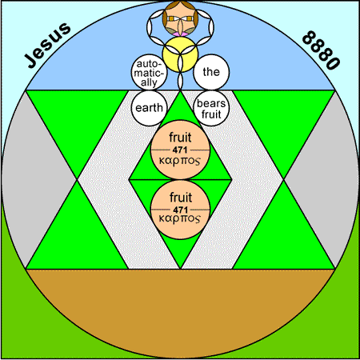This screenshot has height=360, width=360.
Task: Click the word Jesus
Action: (x=47, y=45)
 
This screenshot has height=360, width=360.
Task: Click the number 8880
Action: (x=322, y=50)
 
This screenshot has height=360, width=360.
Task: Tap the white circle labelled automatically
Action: (x=149, y=73)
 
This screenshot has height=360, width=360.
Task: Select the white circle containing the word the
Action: (x=211, y=72)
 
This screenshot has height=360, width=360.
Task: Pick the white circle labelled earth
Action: (x=149, y=108)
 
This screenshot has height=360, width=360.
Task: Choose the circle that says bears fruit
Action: (x=211, y=108)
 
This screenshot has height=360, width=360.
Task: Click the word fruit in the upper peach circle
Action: (x=180, y=138)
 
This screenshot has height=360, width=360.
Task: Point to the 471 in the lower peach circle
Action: (x=180, y=210)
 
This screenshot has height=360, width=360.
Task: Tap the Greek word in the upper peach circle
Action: (x=179, y=162)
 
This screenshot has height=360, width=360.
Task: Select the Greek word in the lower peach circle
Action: (x=179, y=219)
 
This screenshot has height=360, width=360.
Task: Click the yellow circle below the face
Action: (x=180, y=54)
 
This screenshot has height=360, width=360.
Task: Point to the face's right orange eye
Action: (x=189, y=18)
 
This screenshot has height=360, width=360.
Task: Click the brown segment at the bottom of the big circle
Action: (x=180, y=306)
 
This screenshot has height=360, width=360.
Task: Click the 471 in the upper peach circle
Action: (x=180, y=150)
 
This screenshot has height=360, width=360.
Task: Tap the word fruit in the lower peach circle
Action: (x=181, y=198)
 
